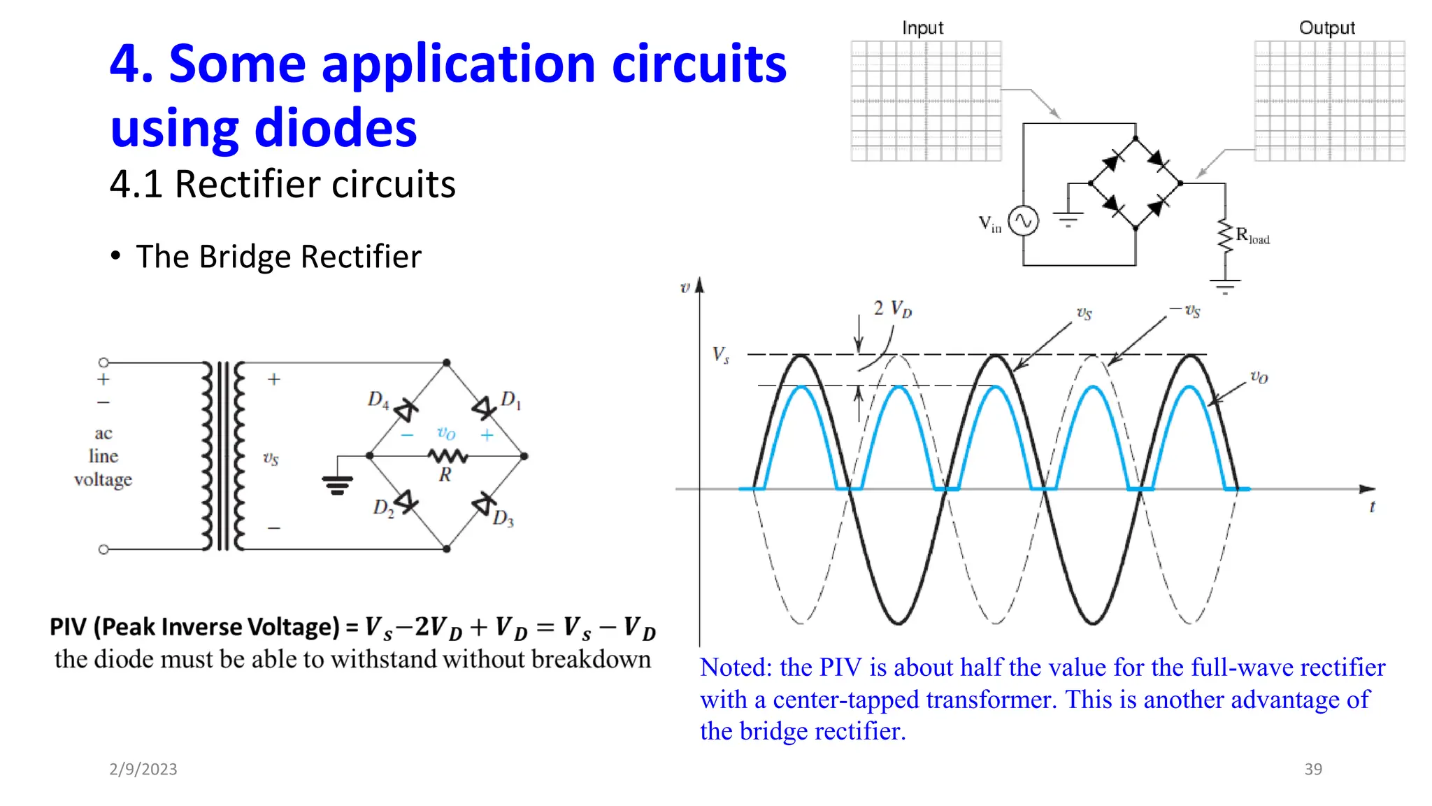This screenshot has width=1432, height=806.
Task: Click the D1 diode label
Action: [x=510, y=400]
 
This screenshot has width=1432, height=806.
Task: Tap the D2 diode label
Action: [x=383, y=507]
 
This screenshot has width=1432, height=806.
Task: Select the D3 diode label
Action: [x=503, y=518]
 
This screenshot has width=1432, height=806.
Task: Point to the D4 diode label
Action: [x=378, y=400]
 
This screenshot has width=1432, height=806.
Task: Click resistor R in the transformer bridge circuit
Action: [x=447, y=457]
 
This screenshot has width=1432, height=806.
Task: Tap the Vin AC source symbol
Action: [x=1023, y=222]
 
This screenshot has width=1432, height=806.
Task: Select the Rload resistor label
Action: [x=1252, y=236]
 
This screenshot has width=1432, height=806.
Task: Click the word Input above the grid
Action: [x=922, y=28]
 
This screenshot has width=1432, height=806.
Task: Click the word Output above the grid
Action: [x=1326, y=28]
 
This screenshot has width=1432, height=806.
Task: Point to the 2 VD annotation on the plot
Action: [x=892, y=309]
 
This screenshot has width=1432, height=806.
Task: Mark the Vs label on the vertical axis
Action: [x=721, y=355]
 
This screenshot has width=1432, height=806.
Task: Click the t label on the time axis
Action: [x=1372, y=507]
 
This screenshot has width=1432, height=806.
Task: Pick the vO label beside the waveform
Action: [x=1259, y=377]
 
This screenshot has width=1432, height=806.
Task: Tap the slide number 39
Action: [x=1313, y=769]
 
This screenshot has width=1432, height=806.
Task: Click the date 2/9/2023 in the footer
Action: [x=143, y=769]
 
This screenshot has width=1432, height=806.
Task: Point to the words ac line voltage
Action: [x=103, y=456]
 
